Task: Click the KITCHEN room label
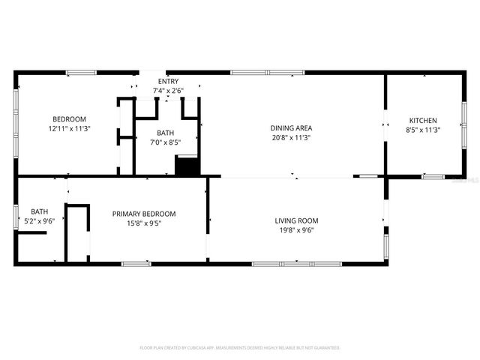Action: coord(422,121)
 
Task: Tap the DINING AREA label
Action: coord(291,128)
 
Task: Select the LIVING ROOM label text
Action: coord(296,220)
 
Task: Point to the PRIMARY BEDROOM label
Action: coord(144,214)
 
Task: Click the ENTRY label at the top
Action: coord(167,81)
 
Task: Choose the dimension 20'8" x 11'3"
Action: coord(291,138)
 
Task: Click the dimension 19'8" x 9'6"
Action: coord(296,230)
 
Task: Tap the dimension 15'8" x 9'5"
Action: coord(144,223)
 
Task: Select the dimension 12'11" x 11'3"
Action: coord(69,129)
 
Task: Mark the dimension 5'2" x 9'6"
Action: coord(39,221)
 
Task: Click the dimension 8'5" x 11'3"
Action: coord(422,130)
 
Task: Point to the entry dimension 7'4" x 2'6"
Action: coord(167,90)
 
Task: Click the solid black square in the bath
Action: coord(185,166)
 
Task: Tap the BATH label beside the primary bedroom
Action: coord(39,211)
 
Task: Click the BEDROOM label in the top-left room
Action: coord(69,119)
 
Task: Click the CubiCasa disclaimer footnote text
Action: coord(240,348)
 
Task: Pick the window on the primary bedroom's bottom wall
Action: coord(136,263)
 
